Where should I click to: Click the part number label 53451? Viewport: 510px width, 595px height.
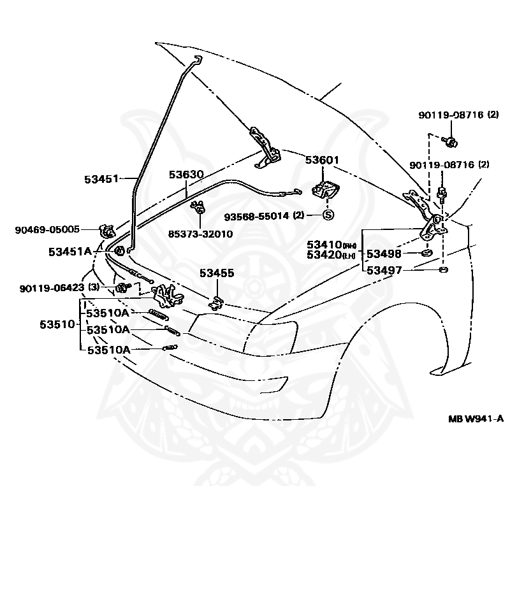click(101, 179)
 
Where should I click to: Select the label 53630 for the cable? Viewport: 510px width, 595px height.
click(186, 174)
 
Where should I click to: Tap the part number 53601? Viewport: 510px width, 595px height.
click(322, 161)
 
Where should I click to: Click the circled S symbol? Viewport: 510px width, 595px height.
click(328, 215)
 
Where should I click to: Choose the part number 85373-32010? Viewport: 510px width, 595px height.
click(200, 234)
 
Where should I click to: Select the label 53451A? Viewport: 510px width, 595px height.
click(70, 252)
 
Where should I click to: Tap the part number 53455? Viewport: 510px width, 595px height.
click(217, 273)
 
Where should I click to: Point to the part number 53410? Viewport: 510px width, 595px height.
click(324, 245)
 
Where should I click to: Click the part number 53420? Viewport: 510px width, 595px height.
click(324, 255)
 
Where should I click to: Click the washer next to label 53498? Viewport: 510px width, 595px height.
click(426, 254)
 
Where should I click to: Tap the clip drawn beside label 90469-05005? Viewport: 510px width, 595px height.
click(105, 230)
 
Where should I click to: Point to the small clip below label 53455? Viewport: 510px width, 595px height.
click(217, 301)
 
